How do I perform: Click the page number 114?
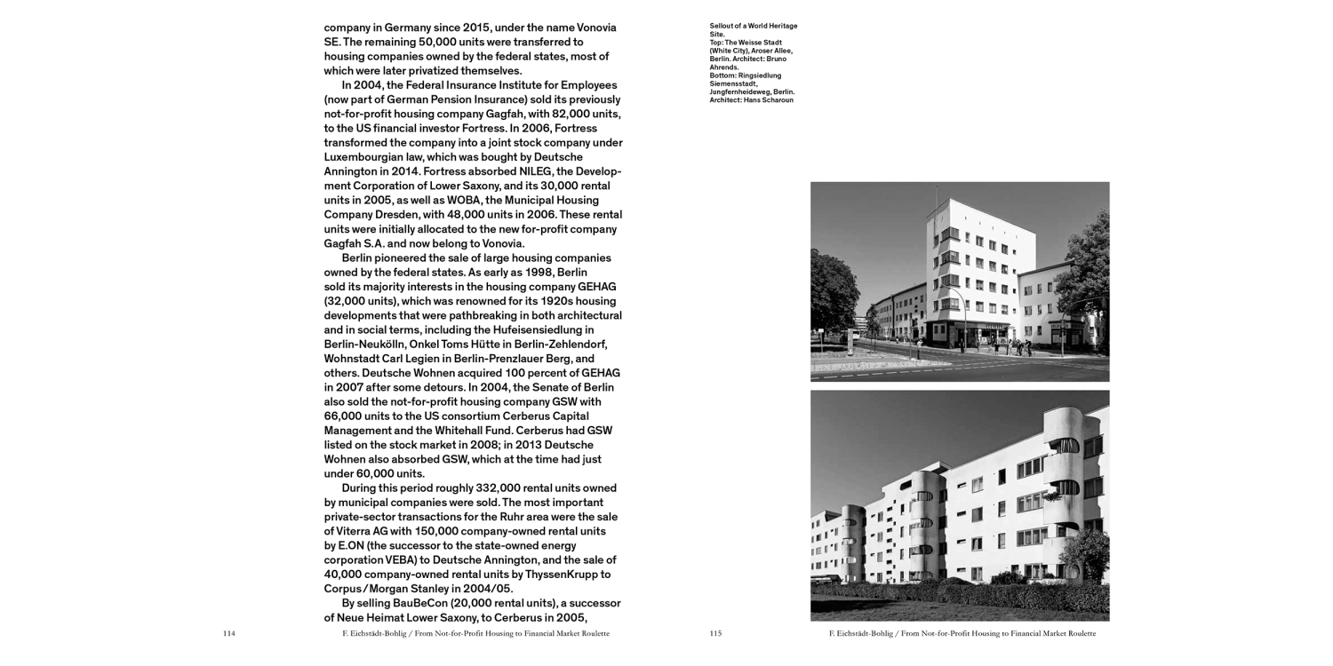click(228, 634)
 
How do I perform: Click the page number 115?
click(715, 634)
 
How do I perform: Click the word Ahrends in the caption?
click(723, 67)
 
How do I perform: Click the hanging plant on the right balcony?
click(1063, 445)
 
